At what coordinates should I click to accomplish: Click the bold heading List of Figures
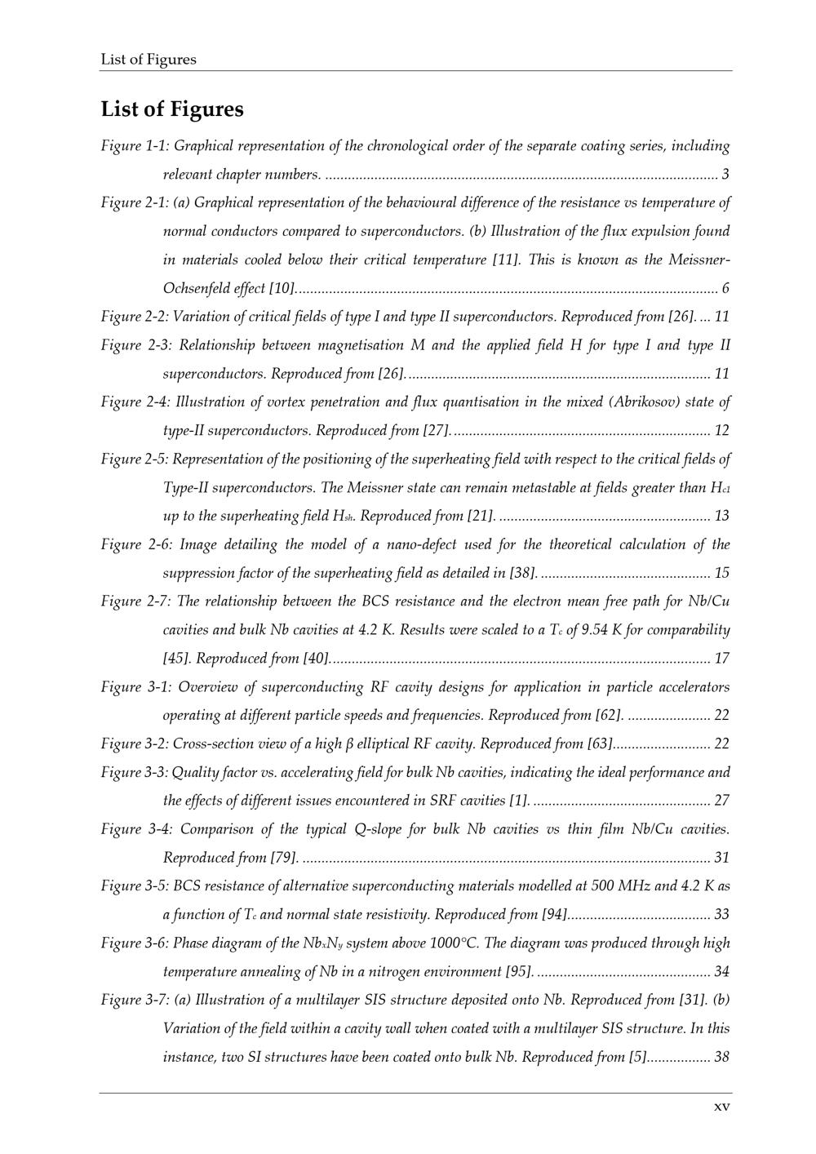tap(172, 109)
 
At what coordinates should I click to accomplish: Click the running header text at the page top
tap(149, 60)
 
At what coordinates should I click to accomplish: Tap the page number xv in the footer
tap(721, 1107)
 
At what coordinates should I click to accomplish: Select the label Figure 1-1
tap(135, 146)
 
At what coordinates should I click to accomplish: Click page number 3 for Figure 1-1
tap(725, 175)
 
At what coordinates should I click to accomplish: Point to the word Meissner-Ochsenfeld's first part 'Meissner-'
tap(699, 260)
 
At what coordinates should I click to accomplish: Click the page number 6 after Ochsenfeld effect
tap(725, 289)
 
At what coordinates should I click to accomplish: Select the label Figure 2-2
tap(135, 317)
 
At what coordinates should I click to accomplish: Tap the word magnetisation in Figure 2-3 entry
tap(360, 345)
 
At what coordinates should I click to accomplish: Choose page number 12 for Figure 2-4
tap(721, 430)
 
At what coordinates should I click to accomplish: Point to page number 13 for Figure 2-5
tap(721, 516)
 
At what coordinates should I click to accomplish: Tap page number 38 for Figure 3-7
tap(721, 1057)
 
